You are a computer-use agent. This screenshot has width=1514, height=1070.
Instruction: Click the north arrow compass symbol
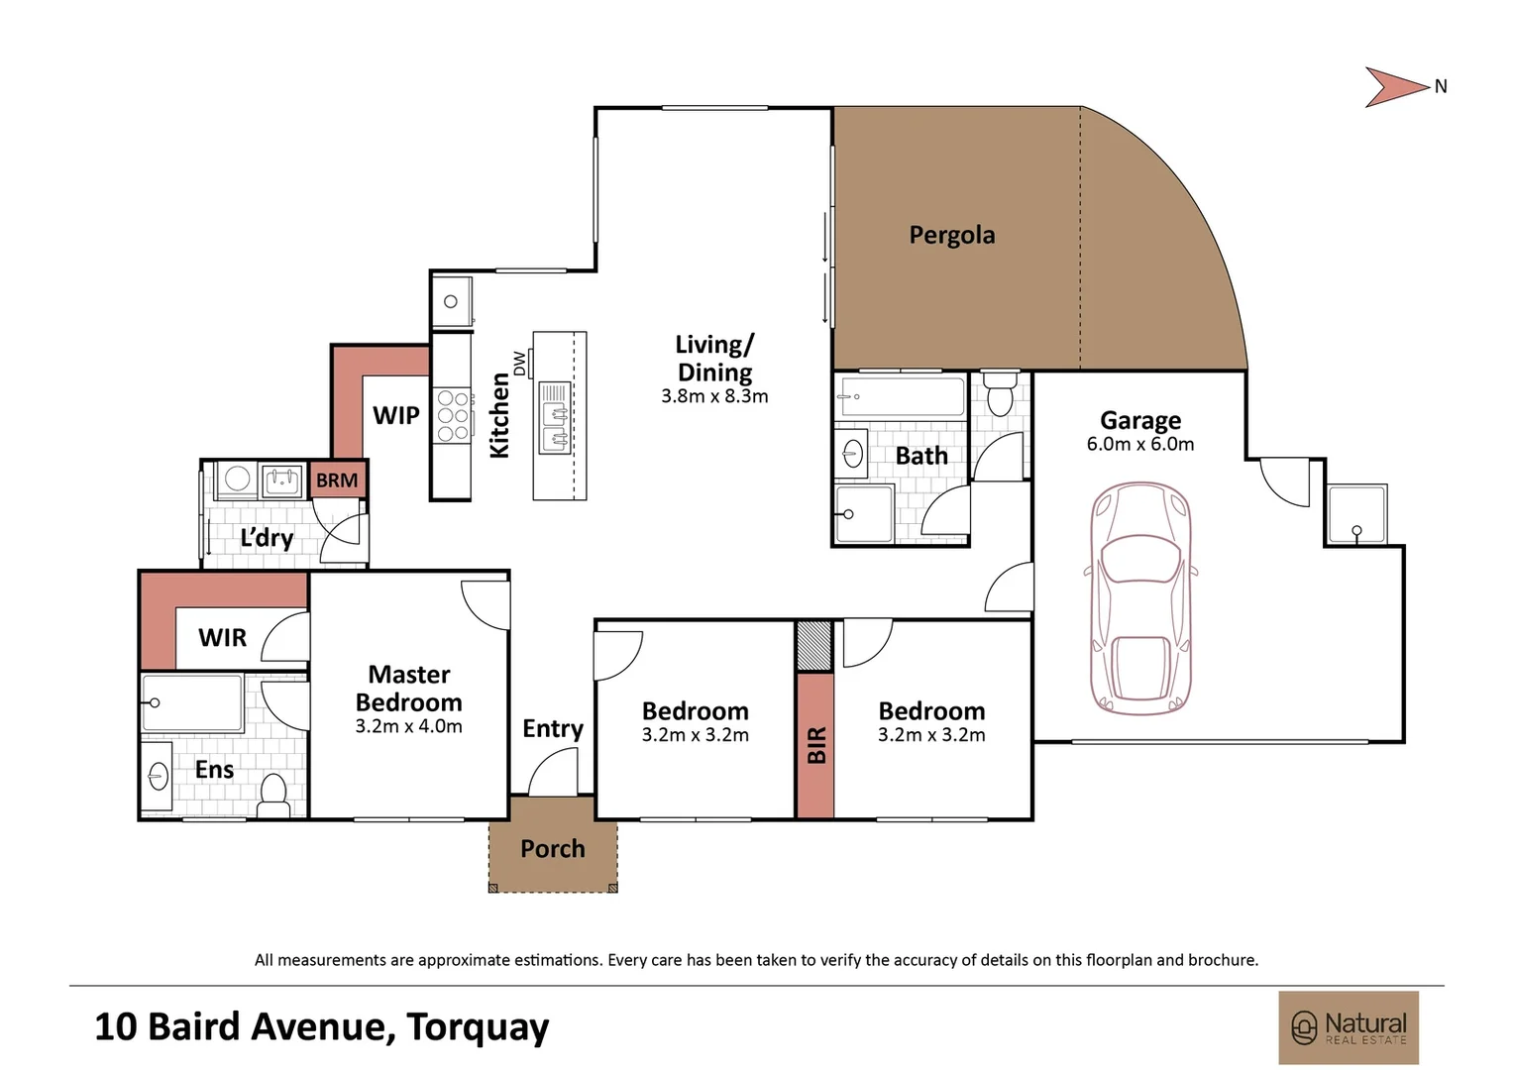(x=1397, y=87)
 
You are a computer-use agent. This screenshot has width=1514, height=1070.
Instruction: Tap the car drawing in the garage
(x=1140, y=599)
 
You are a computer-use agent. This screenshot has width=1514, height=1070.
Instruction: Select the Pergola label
(x=951, y=235)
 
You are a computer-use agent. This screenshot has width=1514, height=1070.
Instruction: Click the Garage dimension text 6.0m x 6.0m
(x=1139, y=445)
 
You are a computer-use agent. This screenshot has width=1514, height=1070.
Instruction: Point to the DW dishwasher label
(x=519, y=364)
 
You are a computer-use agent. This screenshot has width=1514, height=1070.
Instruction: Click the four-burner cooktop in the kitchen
(x=453, y=416)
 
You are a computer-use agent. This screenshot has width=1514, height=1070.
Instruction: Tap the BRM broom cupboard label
(x=337, y=481)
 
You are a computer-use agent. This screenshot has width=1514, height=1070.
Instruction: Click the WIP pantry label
(x=395, y=416)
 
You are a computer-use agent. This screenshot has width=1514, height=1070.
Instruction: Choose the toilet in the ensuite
(x=272, y=794)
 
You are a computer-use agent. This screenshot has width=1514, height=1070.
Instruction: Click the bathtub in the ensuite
(x=192, y=702)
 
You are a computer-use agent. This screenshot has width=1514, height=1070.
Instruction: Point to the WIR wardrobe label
(x=222, y=638)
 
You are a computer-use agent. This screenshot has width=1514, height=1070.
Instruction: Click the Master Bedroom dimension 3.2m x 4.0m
(x=408, y=726)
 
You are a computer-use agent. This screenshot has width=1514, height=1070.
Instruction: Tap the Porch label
(x=552, y=849)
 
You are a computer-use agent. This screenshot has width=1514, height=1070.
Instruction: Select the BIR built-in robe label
(x=815, y=745)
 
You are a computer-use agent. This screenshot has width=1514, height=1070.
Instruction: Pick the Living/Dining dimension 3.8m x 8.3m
(x=714, y=396)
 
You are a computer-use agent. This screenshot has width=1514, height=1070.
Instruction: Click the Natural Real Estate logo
(x=1348, y=1027)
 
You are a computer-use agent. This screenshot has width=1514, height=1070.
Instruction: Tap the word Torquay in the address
(x=478, y=1027)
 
